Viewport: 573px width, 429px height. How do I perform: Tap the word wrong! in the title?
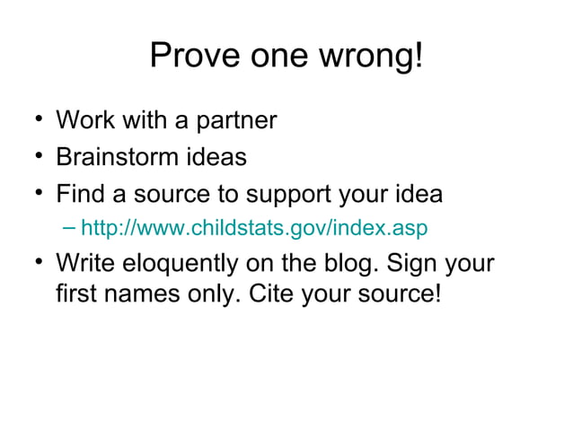[375, 57]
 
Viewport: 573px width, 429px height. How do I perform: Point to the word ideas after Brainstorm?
[216, 157]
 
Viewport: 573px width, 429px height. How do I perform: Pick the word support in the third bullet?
[286, 195]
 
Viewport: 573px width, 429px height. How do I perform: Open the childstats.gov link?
[254, 229]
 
